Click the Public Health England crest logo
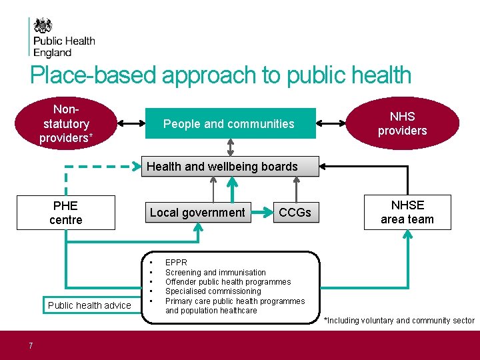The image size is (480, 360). point(43,26)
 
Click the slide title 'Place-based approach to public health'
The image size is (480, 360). point(221,75)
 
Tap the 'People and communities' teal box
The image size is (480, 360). point(229,123)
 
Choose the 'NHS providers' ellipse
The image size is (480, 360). point(402,123)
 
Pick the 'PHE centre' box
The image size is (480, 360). point(65,213)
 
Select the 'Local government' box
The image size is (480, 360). point(197,213)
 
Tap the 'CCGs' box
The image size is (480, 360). point(295,213)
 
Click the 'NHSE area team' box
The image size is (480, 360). point(407,212)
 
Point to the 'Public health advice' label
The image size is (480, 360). point(89,305)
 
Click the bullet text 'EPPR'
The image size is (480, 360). point(176,263)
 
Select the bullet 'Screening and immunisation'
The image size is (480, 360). point(215,272)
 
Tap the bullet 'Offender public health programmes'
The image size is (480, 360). point(228,281)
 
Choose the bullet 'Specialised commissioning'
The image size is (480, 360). point(213,291)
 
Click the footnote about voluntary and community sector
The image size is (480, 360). point(399,321)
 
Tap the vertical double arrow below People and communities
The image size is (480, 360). point(231,147)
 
